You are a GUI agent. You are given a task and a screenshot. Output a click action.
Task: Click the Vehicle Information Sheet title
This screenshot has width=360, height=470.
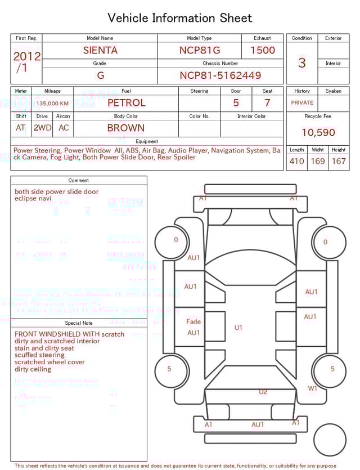pos(180,18)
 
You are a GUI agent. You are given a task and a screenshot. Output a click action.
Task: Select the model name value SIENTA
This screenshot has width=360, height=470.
pos(100,50)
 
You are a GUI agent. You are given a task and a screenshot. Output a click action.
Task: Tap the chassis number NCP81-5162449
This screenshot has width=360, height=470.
pos(220,75)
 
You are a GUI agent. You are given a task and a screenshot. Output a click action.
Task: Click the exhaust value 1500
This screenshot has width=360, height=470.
pos(263,50)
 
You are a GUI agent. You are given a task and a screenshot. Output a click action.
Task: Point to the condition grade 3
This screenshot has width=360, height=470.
pos(302,62)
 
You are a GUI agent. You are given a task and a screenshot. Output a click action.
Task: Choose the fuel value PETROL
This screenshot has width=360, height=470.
pos(127,102)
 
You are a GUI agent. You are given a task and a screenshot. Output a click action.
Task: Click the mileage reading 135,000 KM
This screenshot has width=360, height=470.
pos(52,104)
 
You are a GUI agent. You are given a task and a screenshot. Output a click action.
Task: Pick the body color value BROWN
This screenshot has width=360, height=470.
pos(126,128)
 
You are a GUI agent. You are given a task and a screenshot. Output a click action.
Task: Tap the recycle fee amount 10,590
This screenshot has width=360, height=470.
pos(318,132)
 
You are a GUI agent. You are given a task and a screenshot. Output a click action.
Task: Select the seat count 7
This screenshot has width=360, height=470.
pos(267,103)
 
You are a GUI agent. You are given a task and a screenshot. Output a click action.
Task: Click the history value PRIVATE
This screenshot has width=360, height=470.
pos(302,102)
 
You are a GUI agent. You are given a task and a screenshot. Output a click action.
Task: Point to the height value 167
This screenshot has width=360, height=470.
pos(339,161)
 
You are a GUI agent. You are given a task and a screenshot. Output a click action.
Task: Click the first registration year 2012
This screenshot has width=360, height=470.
pos(26,56)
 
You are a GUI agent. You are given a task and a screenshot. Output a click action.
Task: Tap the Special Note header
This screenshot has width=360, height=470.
pos(79,323)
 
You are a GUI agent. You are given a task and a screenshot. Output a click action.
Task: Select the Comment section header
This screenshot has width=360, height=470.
pos(79,181)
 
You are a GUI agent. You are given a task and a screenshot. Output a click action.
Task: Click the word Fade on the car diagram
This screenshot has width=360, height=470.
pos(193,321)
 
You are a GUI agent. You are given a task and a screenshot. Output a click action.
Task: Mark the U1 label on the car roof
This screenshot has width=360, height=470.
pos(238,328)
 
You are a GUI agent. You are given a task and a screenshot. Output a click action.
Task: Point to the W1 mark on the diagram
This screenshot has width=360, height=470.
pos(312,388)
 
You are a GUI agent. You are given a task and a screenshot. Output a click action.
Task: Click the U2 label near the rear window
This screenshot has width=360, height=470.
pos(263,392)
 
